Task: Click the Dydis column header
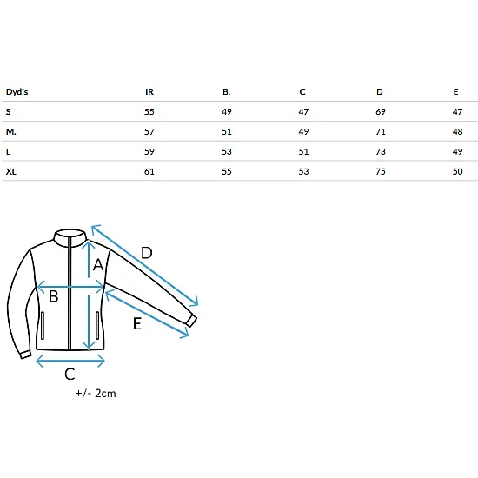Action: click(17, 92)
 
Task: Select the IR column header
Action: click(149, 92)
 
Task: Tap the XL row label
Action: click(11, 171)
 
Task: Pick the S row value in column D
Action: click(381, 111)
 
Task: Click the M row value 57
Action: click(149, 132)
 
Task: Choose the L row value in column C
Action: click(303, 151)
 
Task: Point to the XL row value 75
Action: click(381, 171)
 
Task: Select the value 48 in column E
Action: click(457, 132)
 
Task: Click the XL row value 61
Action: click(149, 171)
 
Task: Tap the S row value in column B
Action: click(227, 111)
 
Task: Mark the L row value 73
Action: click(381, 151)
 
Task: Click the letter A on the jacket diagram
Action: click(98, 264)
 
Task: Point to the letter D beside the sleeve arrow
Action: click(147, 253)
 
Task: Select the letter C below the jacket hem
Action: click(70, 374)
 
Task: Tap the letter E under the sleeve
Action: click(137, 323)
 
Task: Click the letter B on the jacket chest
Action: click(54, 296)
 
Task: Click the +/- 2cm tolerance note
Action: click(96, 393)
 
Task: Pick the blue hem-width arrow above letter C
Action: click(70, 362)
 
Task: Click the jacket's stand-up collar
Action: click(70, 236)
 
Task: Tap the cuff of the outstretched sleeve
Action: click(191, 321)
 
